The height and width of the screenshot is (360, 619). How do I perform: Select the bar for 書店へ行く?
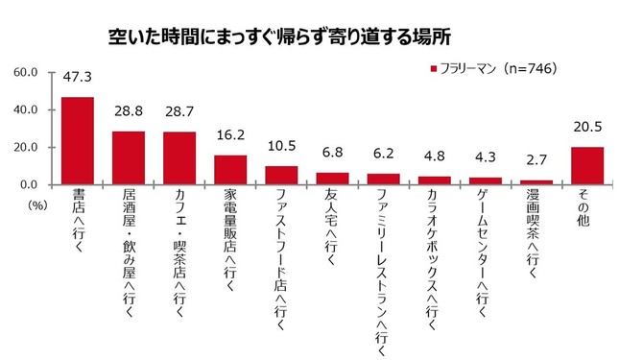pyautogui.click(x=78, y=140)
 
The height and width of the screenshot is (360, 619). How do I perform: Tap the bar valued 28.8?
pyautogui.click(x=129, y=157)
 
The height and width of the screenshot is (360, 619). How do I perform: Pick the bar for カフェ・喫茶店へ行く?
pyautogui.click(x=179, y=157)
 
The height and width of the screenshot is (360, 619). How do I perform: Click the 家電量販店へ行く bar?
pyautogui.click(x=230, y=169)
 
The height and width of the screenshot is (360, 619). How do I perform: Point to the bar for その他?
pyautogui.click(x=587, y=165)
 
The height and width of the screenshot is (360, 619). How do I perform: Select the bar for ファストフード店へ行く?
pyautogui.click(x=281, y=175)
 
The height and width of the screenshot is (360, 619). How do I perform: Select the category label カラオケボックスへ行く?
pyautogui.click(x=434, y=250)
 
